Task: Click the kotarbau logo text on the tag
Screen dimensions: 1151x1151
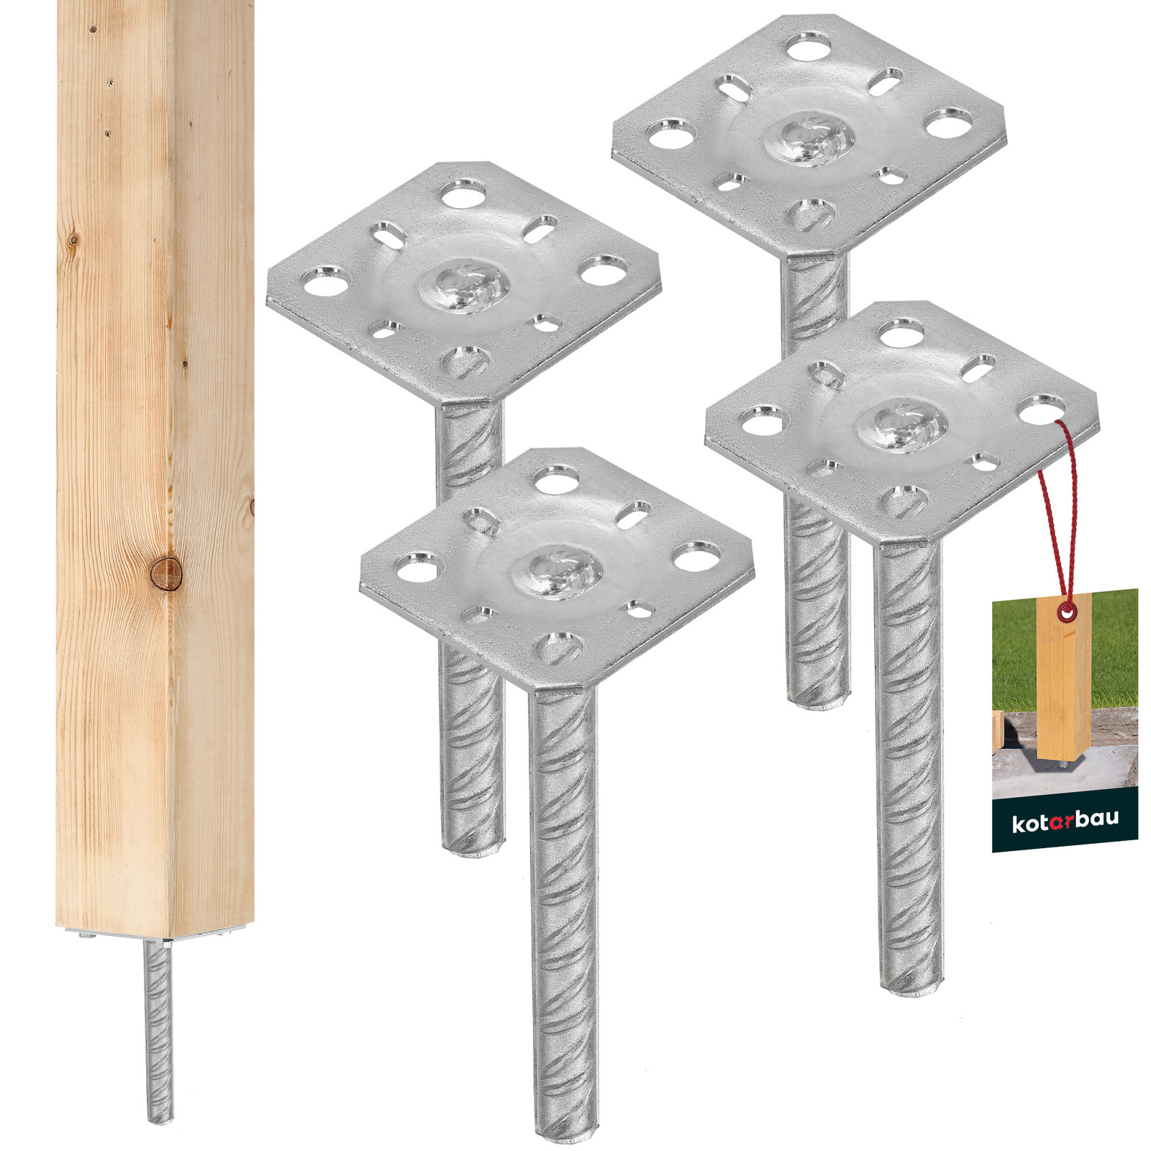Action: (1065, 822)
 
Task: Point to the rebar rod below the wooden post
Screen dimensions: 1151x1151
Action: (160, 1030)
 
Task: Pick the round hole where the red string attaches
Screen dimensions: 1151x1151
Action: (1042, 410)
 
